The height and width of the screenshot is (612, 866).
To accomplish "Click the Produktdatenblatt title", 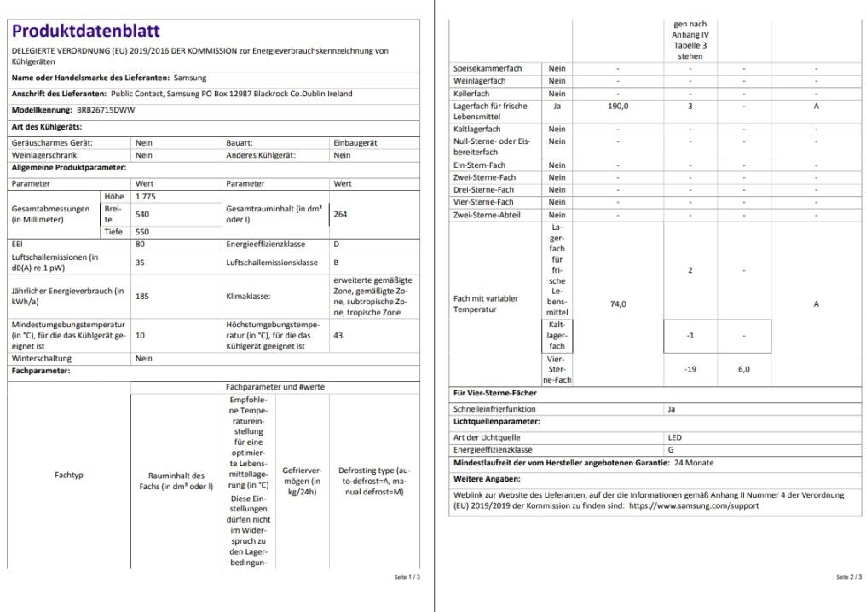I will coord(85,32).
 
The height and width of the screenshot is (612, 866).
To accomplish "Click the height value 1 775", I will coord(146,196).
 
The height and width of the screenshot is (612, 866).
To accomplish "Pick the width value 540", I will coord(142,214).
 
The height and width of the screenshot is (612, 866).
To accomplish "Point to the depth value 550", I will coord(142,232).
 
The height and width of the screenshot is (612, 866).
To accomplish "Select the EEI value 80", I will coord(141,245).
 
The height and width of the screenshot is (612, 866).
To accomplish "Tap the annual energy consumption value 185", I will coord(142,297).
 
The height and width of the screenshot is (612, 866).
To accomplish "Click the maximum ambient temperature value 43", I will coord(338,336).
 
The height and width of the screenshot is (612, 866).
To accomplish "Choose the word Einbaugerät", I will coord(355,143).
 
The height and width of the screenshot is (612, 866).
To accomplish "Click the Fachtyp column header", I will coord(68,475).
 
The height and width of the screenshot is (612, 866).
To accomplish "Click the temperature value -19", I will coord(690,369).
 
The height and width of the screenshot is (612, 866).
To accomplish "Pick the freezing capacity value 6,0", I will coord(743,369).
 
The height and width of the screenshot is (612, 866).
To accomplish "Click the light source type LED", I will coord(675,437).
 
